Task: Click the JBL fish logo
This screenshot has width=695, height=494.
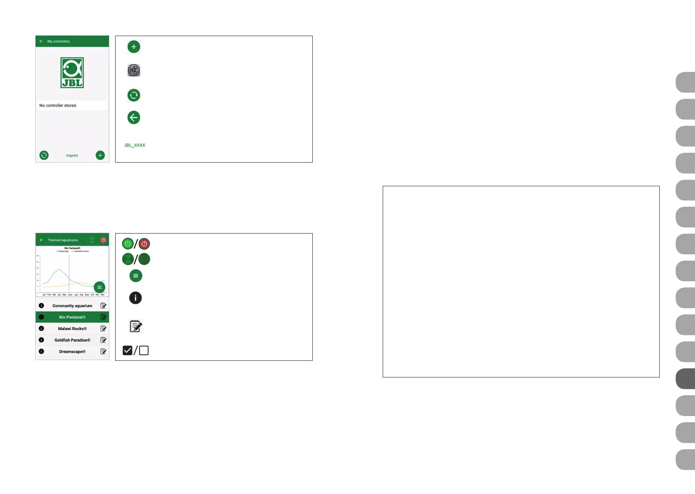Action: point(72,73)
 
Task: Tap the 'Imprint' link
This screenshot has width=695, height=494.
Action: point(72,156)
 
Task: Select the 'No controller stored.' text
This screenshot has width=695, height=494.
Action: point(58,105)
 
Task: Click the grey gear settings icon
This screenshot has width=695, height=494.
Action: point(134,71)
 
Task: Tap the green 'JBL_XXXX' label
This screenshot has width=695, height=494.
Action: point(135,145)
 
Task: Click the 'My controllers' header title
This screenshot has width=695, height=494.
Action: point(58,41)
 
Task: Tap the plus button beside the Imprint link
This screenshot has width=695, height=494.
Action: point(100,155)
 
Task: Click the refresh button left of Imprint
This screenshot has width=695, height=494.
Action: point(44,155)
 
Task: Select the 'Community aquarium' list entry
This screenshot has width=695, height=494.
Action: point(72,306)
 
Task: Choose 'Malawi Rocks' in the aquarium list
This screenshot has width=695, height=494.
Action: point(72,329)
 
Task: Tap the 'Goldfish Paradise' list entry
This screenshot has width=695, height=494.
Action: point(72,340)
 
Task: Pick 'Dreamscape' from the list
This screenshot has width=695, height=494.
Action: point(72,352)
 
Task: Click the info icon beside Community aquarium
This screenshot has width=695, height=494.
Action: point(41,306)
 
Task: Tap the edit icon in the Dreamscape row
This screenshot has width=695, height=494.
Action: point(103,352)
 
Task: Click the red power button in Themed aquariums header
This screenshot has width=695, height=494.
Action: point(103,240)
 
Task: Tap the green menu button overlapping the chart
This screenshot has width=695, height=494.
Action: point(99,287)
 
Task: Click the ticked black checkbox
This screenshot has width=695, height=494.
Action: point(128,350)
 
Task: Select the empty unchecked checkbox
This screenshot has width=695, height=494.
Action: point(144,350)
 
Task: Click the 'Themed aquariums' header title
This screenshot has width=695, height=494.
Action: point(63,240)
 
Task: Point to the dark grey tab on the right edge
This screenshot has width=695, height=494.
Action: point(685,379)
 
